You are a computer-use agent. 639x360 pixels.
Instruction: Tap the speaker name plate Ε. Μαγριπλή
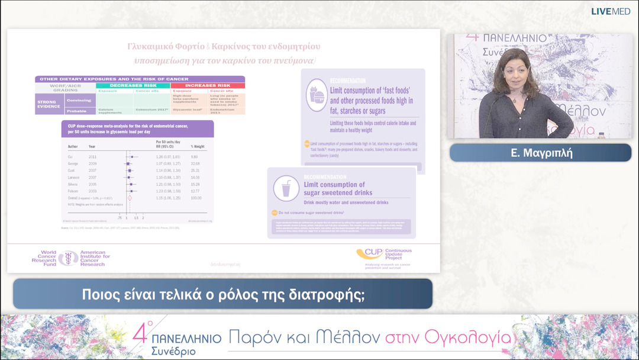540,153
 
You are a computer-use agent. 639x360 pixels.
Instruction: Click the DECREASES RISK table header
133,86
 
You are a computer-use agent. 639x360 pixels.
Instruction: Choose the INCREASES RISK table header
207,86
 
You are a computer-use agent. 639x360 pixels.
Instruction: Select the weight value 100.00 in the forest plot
196,198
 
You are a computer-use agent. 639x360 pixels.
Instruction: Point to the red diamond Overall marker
130,198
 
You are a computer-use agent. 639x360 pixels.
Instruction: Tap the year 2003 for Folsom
92,191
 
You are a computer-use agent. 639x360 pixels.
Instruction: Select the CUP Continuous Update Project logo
383,256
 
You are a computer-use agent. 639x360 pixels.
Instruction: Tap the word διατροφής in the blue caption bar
334,294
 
